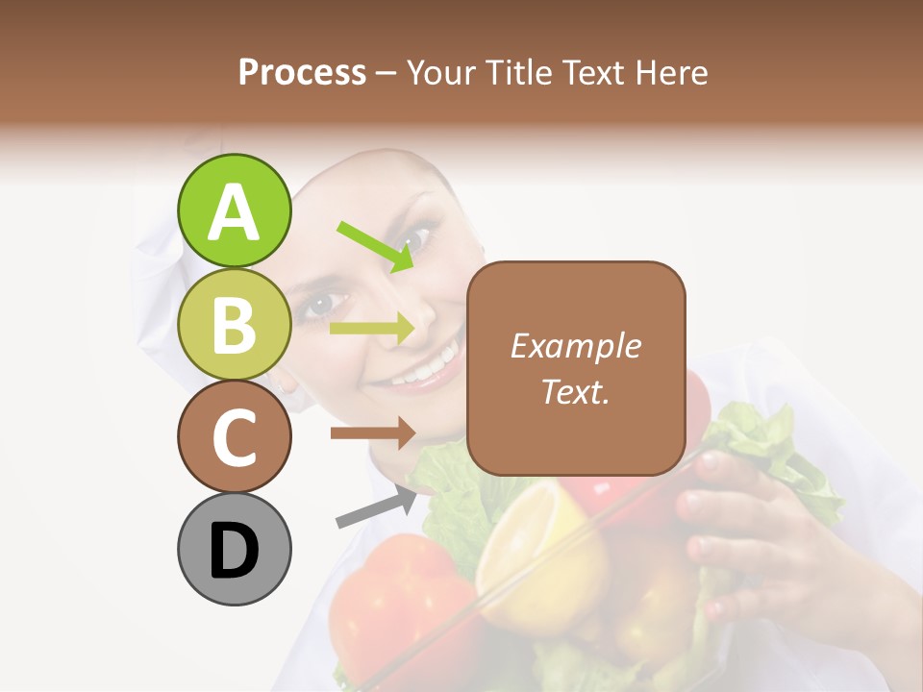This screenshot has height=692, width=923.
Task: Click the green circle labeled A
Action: click(x=234, y=211)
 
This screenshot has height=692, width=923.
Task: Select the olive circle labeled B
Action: click(x=234, y=324)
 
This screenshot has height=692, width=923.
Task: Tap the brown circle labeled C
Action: click(x=234, y=436)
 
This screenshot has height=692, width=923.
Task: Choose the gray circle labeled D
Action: click(x=234, y=549)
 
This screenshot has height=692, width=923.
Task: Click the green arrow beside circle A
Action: click(x=376, y=246)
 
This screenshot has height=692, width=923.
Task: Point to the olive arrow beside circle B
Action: click(x=372, y=329)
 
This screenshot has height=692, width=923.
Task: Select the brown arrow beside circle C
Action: click(x=372, y=432)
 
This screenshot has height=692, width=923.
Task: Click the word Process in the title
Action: click(x=302, y=73)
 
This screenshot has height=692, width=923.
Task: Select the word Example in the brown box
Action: click(x=575, y=346)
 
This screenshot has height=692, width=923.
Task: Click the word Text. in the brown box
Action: click(x=575, y=391)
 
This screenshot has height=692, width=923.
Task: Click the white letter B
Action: click(x=234, y=324)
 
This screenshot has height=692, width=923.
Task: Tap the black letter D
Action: click(x=234, y=551)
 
